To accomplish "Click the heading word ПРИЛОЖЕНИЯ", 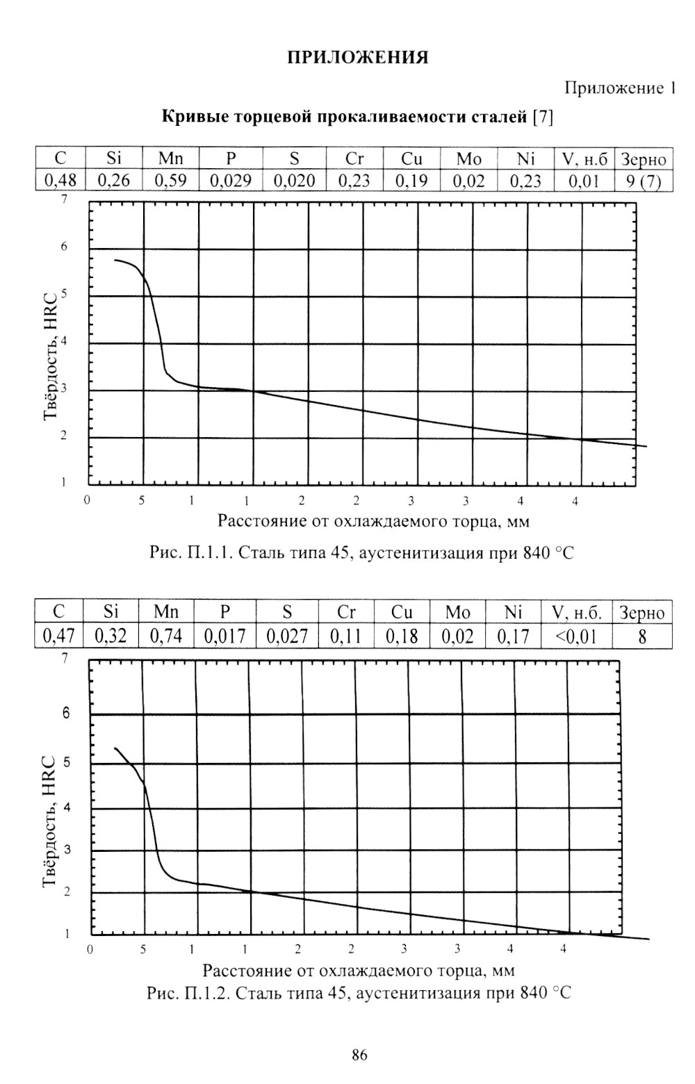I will [359, 58].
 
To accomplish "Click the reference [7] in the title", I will [543, 117].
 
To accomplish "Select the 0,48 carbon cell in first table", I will [60, 181].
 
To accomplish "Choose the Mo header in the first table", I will [468, 160].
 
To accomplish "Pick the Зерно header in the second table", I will [642, 613].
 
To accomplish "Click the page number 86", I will [359, 1056].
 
